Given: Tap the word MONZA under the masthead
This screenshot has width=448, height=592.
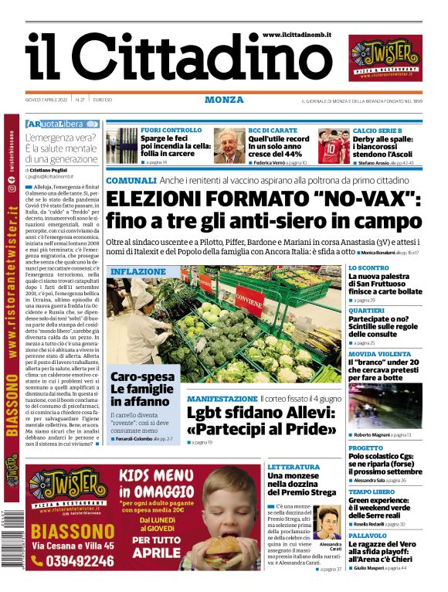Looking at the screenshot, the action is point(224,100).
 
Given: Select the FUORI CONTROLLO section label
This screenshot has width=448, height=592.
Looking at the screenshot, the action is point(171,131).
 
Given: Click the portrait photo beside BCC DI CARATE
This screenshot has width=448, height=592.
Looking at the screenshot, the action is point(229,145).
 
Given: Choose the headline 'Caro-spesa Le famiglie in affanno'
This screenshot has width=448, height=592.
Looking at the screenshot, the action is point(142,390).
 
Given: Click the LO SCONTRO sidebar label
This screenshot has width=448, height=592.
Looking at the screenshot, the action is point(368,267).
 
